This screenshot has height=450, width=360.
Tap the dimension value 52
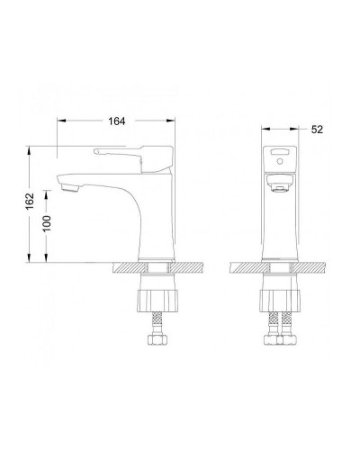point(316,130)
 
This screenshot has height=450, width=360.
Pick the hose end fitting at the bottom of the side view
point(155,341)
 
